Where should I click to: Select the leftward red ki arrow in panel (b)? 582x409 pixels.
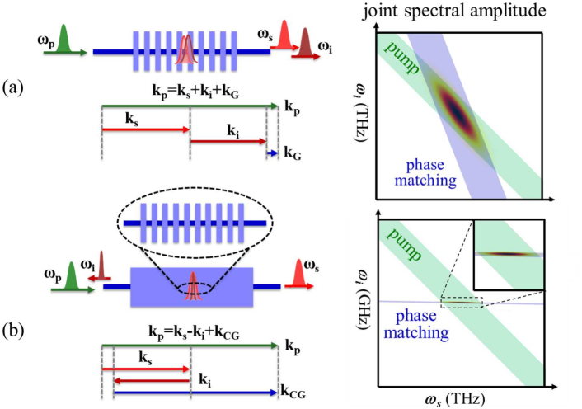[152, 380]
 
